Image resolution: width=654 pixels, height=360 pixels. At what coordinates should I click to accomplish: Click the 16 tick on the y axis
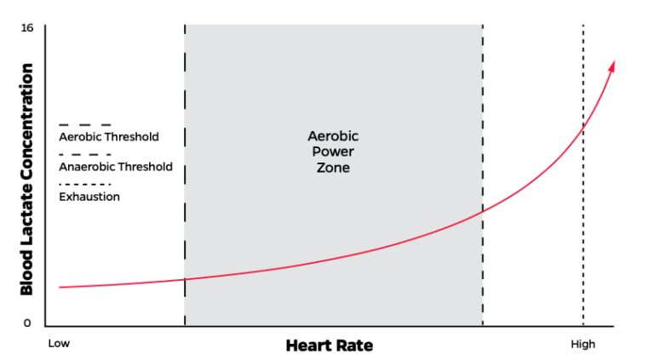tap(27, 28)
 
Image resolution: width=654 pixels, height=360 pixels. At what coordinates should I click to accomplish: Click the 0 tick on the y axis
tap(27, 323)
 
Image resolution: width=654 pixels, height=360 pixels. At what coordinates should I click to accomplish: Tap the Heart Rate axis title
tap(329, 346)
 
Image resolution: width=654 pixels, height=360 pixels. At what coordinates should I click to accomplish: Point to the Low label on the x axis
tap(58, 344)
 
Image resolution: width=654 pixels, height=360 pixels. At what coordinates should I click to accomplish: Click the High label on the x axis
tap(582, 344)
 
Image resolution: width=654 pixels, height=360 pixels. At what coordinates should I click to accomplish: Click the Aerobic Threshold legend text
tap(108, 137)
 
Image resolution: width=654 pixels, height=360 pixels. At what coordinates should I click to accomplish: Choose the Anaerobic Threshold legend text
tap(115, 167)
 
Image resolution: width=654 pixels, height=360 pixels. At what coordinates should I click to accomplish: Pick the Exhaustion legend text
tap(89, 197)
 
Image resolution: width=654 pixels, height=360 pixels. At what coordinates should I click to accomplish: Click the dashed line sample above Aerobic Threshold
tap(84, 124)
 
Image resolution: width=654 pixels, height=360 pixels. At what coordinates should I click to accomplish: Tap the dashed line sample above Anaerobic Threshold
tap(84, 154)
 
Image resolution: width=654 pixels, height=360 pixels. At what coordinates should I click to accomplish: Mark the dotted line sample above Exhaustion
tap(84, 184)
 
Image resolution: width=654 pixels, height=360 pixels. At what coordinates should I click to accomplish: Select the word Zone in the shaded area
tap(333, 168)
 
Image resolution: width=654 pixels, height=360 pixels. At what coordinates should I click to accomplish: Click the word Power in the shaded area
tap(333, 152)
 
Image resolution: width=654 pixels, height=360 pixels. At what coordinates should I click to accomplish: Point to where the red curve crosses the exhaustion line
tap(583, 127)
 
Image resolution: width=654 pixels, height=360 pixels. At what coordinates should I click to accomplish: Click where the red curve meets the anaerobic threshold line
tap(483, 213)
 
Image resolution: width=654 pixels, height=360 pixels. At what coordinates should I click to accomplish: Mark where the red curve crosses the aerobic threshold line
tap(185, 279)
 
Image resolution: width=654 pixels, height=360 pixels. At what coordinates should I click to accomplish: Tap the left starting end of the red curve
tap(60, 288)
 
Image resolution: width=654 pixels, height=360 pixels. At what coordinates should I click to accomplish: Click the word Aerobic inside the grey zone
tap(333, 136)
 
